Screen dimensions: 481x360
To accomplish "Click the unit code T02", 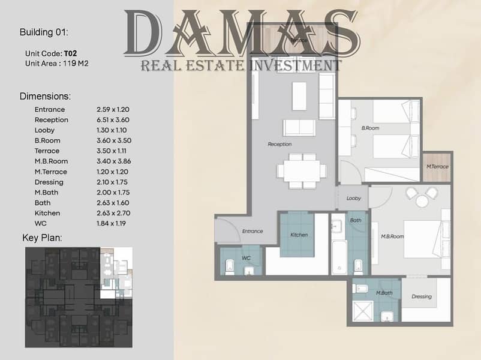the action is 70,53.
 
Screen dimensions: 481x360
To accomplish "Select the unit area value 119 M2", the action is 76,64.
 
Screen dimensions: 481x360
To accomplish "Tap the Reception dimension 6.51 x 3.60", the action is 113,120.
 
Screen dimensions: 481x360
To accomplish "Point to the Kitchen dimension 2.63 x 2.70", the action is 113,213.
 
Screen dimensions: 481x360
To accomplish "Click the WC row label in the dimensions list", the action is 41,223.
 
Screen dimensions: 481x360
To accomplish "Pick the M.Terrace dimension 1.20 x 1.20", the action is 112,172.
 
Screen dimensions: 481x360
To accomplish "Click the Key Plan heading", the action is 42,238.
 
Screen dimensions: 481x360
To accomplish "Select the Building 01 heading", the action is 44,32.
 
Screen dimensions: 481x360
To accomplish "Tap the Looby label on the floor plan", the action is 353,198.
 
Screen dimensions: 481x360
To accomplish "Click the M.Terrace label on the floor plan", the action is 437,166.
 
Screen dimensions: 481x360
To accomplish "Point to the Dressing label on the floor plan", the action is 422,296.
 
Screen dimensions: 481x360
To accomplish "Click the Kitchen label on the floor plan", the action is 299,235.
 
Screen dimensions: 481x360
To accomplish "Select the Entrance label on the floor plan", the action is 252,231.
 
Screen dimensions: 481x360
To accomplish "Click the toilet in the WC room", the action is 230,268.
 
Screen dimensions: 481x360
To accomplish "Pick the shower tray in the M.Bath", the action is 363,311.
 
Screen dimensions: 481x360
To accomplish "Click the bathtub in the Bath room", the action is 339,257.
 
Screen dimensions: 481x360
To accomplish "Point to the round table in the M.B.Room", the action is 422,201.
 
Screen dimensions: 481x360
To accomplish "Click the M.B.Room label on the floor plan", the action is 392,236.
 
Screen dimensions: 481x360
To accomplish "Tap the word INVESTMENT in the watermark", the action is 295,65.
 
